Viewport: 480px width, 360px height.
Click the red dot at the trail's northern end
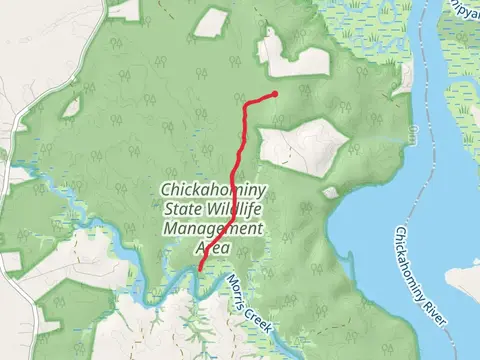click(274, 95)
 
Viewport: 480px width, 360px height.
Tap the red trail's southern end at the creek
click(201, 268)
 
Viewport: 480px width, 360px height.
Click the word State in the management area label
click(182, 209)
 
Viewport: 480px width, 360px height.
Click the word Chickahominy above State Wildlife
click(214, 190)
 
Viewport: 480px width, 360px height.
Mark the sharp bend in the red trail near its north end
click(247, 103)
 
